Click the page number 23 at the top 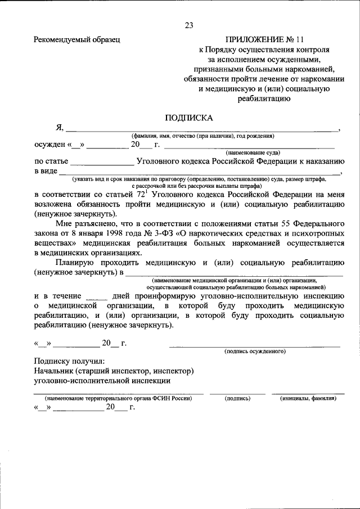[x=188, y=25]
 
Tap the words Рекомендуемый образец [x=77, y=39]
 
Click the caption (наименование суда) [x=253, y=153]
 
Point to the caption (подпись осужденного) [x=255, y=351]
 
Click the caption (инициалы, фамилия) [x=308, y=398]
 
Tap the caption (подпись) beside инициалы [x=237, y=398]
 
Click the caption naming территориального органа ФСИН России [x=119, y=398]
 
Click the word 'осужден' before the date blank [x=49, y=145]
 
